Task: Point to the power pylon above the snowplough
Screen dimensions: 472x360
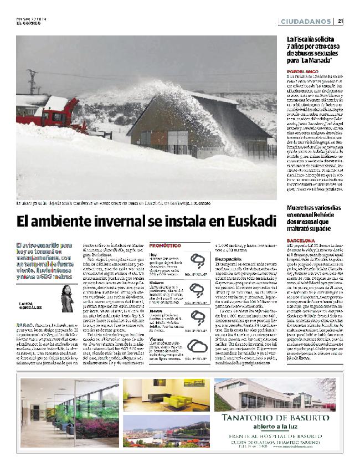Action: (33, 82)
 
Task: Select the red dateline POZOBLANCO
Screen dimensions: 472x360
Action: (302, 72)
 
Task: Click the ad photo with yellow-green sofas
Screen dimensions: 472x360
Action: (166, 394)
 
